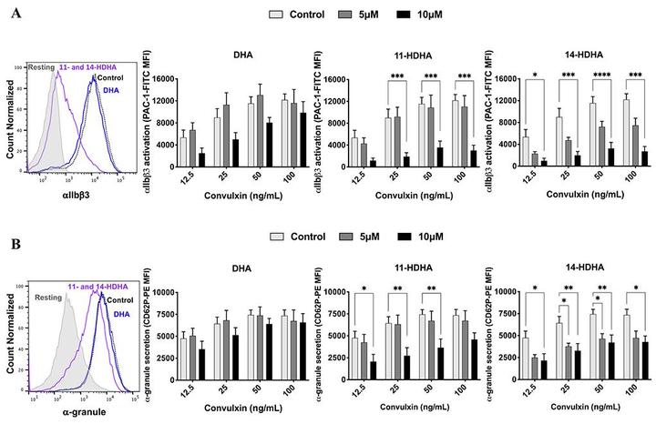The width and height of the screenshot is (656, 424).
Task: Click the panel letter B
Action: click(15, 219)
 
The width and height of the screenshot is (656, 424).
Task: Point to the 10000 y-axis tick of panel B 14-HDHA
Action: click(497, 291)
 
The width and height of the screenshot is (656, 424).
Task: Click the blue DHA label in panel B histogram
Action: click(120, 314)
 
